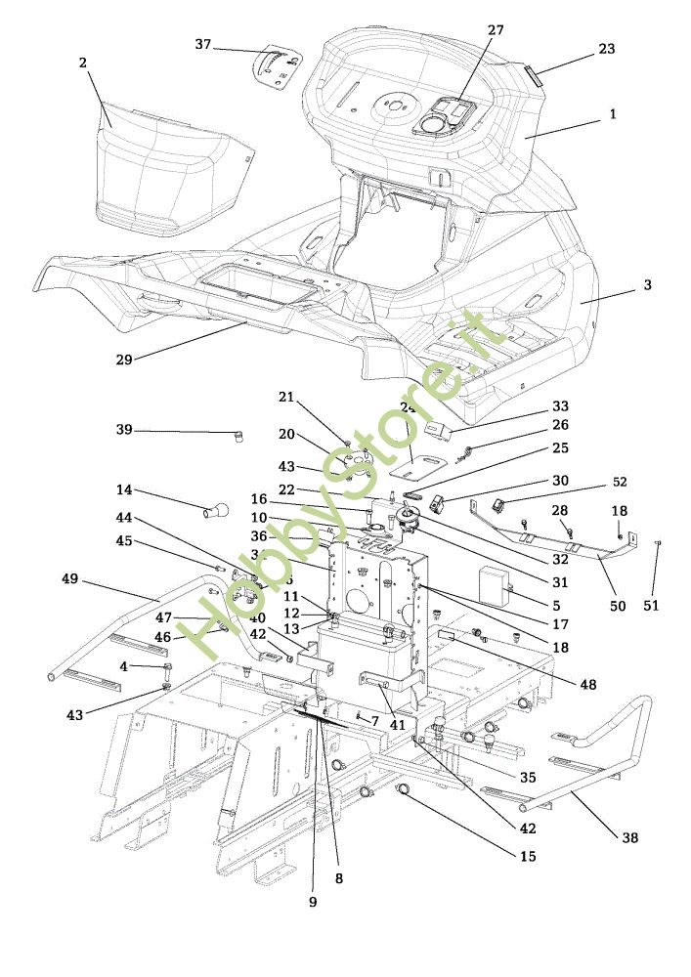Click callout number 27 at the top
pyautogui.click(x=496, y=30)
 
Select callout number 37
pyautogui.click(x=203, y=44)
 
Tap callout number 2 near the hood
pyautogui.click(x=83, y=63)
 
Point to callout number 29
pyautogui.click(x=123, y=360)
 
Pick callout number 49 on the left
pyautogui.click(x=69, y=578)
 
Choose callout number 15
pyautogui.click(x=528, y=857)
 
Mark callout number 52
pyautogui.click(x=620, y=483)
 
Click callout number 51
pyautogui.click(x=652, y=606)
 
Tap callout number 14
pyautogui.click(x=124, y=489)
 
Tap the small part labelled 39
pyautogui.click(x=237, y=436)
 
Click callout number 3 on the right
pyautogui.click(x=647, y=285)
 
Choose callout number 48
pyautogui.click(x=586, y=685)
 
